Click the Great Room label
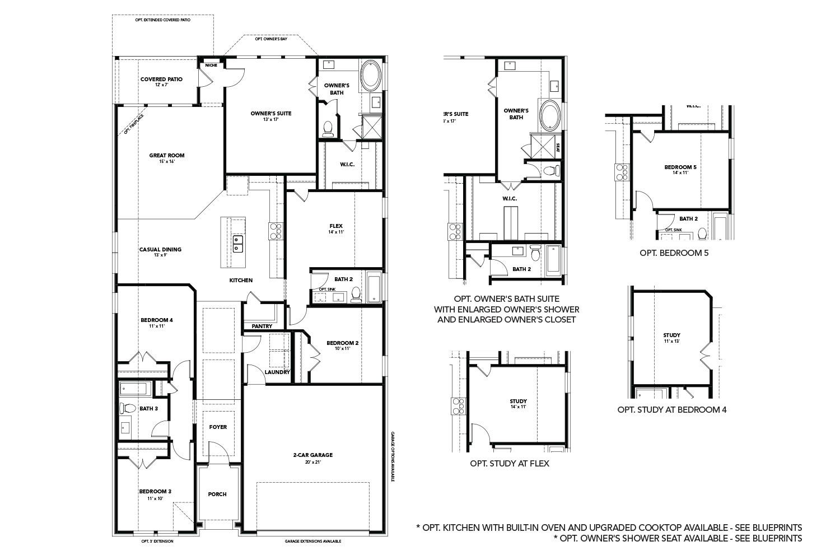(x=166, y=156)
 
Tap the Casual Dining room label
(x=160, y=250)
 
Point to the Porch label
(x=217, y=494)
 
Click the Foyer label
(x=218, y=427)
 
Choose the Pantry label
(x=262, y=326)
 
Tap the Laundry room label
(x=277, y=372)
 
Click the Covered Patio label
(x=161, y=80)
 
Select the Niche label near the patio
(x=211, y=66)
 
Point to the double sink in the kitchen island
(x=238, y=244)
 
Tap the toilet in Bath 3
(x=126, y=408)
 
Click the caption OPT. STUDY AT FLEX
(x=509, y=463)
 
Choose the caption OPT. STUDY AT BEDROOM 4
(x=672, y=409)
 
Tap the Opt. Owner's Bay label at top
(x=271, y=39)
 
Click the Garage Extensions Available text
(x=312, y=542)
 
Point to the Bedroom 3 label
(x=155, y=491)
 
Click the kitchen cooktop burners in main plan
(x=277, y=230)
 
